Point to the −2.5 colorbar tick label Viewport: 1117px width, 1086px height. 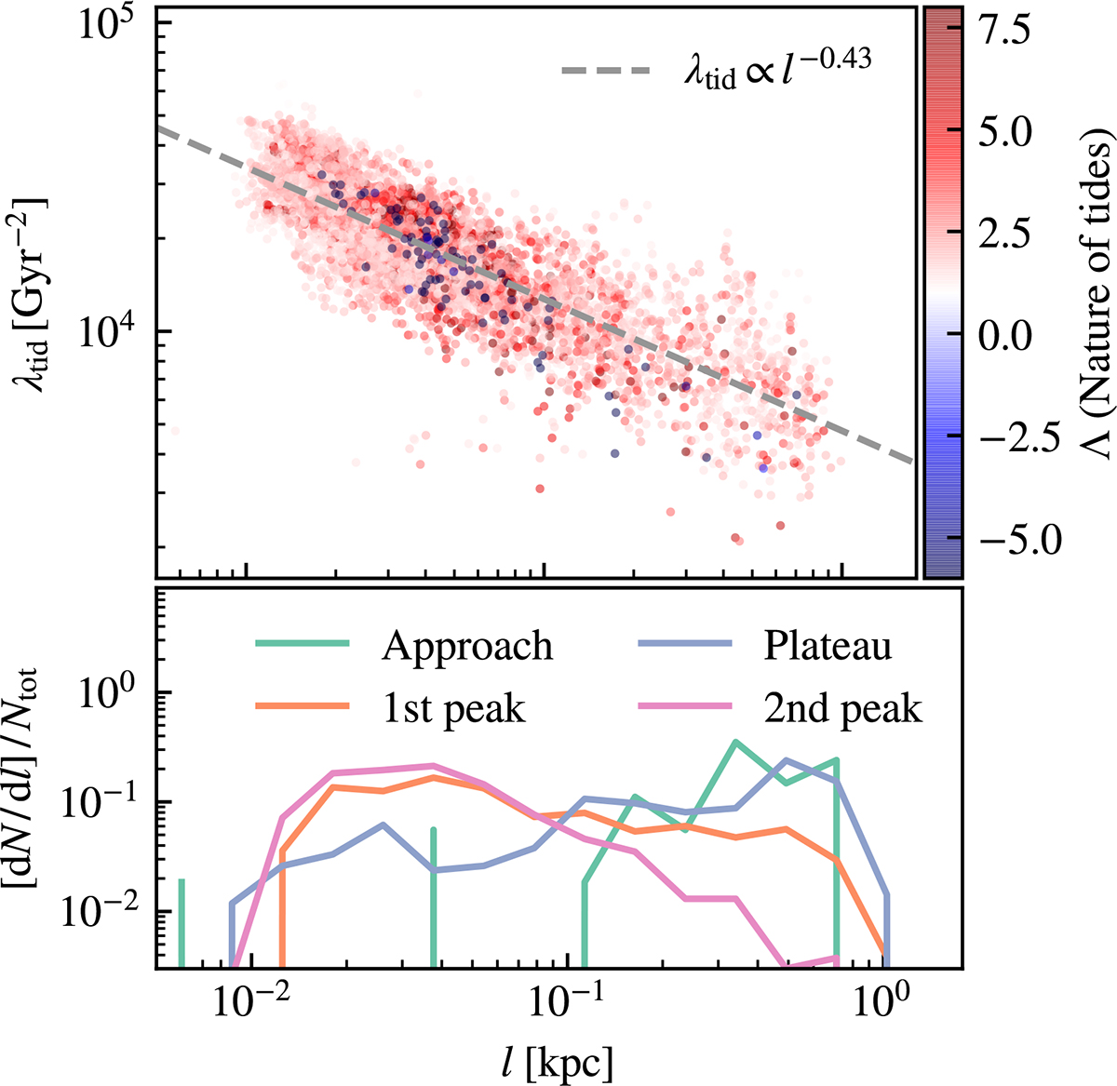[x=1003, y=438]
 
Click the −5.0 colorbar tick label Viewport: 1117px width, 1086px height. [x=1003, y=540]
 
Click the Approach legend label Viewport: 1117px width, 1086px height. [x=466, y=646]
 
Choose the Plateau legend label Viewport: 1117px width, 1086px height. [x=828, y=646]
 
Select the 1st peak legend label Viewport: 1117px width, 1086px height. [x=453, y=709]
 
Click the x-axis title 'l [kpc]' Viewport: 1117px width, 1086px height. [x=556, y=1059]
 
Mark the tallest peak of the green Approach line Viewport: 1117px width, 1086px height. [x=736, y=741]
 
